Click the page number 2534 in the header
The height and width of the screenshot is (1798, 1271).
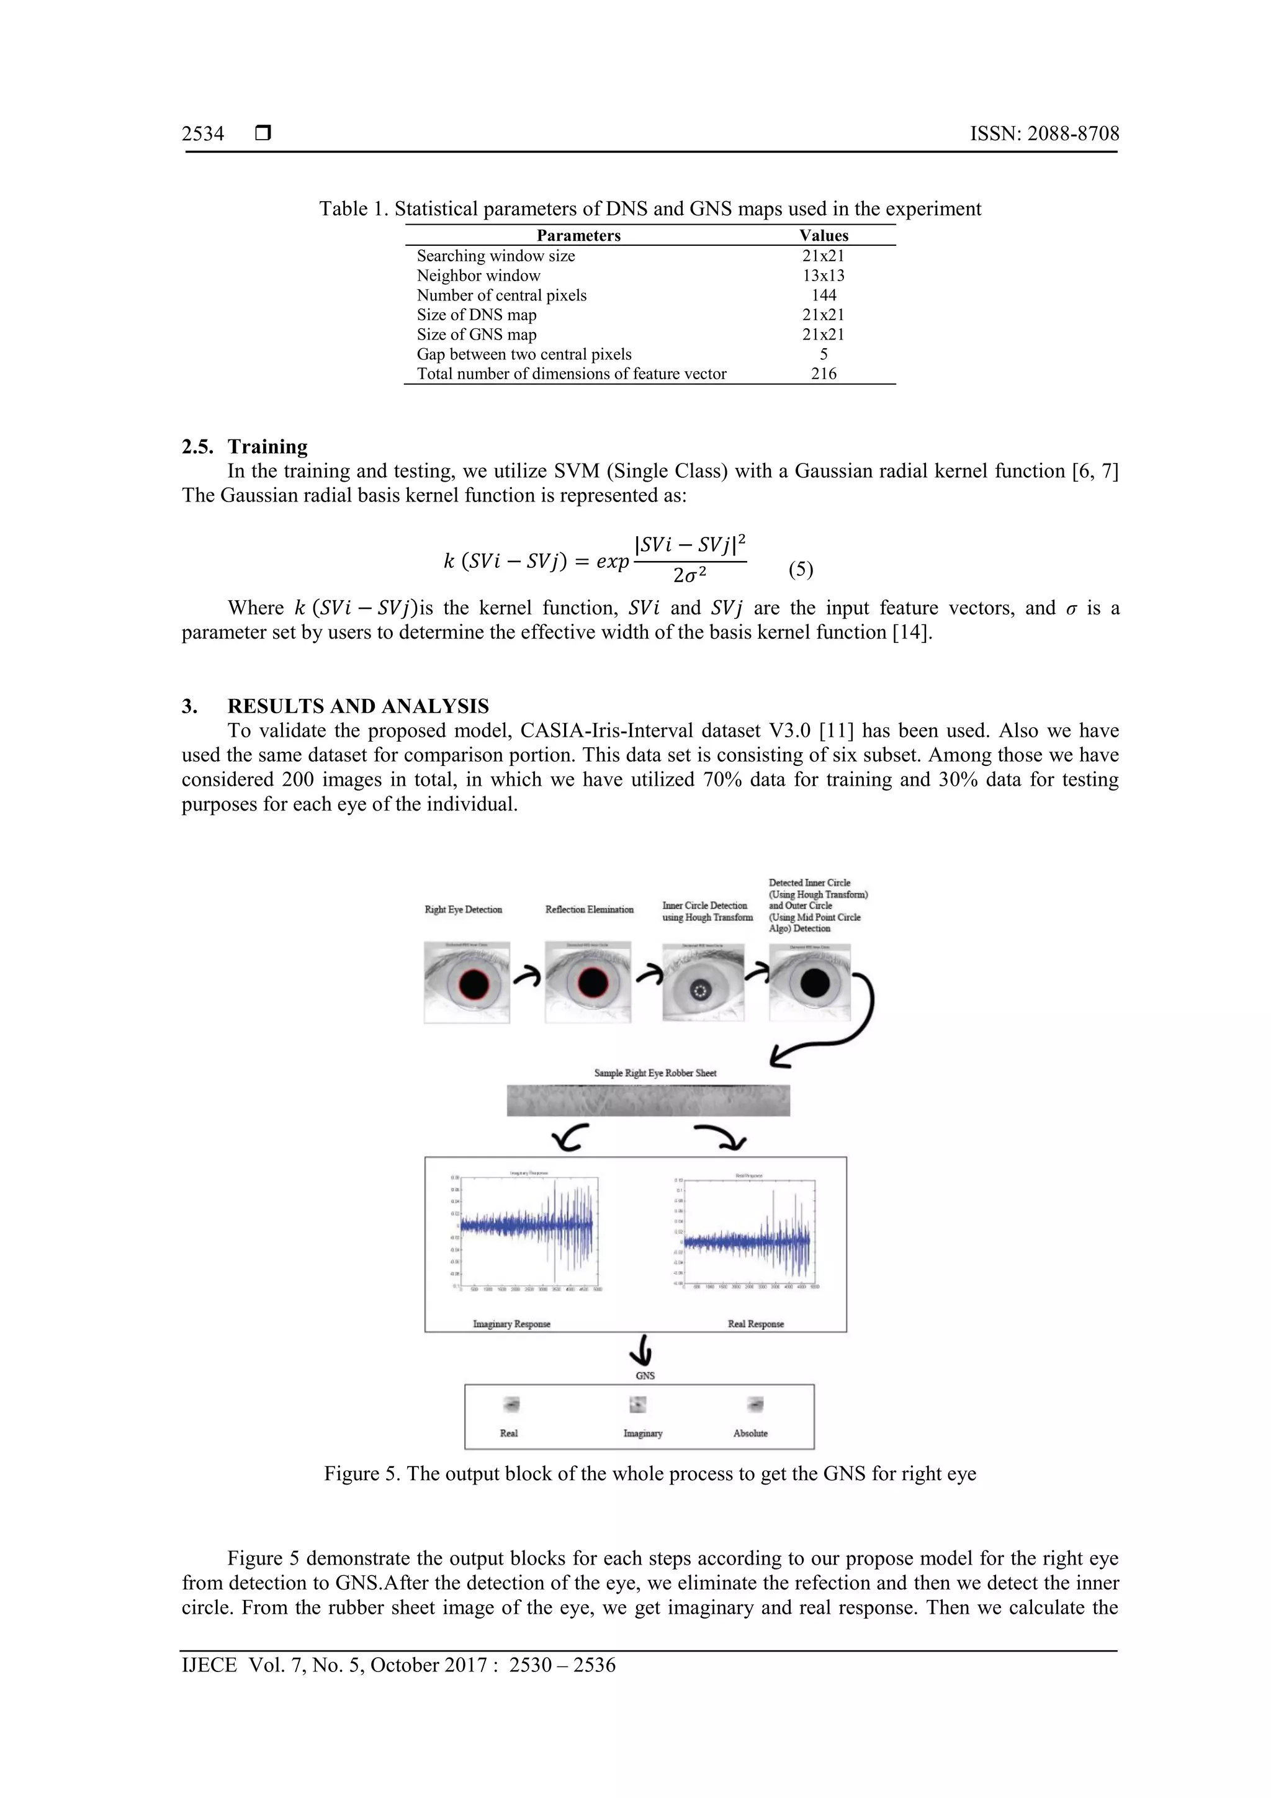coord(203,134)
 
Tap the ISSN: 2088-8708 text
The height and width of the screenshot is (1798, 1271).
coord(1044,134)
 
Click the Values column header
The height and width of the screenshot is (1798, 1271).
coord(823,236)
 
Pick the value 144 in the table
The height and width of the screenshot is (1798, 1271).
coord(823,295)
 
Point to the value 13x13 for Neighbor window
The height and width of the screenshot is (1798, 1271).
coord(823,276)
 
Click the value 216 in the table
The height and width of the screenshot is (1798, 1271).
coord(823,374)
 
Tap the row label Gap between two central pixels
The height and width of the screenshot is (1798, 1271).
coord(524,354)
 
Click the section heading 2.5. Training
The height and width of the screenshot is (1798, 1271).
coord(245,446)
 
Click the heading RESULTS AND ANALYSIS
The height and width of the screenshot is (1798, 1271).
coord(358,706)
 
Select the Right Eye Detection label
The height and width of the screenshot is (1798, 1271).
coord(463,909)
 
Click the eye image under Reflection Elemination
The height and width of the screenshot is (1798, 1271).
coord(589,983)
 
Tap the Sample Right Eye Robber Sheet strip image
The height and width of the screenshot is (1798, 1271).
coord(648,1100)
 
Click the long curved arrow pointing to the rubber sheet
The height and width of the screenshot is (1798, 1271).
coord(858,1018)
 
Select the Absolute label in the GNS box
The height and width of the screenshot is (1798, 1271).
coord(750,1433)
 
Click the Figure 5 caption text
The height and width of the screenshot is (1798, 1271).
coord(650,1474)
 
